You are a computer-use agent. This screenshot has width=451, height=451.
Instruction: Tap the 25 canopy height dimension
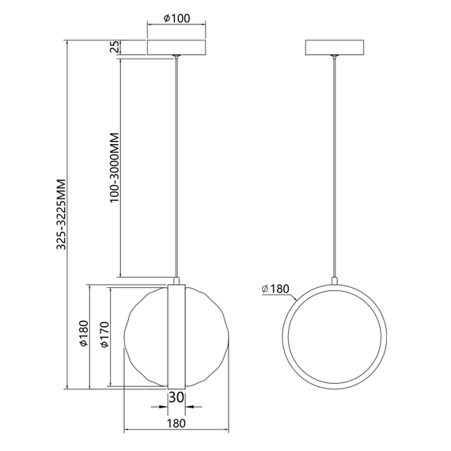[x=116, y=47]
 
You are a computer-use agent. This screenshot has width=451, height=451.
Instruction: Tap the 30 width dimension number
[x=176, y=397]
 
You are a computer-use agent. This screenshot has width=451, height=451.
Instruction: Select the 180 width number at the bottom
[x=176, y=423]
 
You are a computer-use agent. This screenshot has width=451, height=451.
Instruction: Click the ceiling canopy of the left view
[x=177, y=46]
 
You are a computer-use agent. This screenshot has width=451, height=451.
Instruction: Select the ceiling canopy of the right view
[x=336, y=46]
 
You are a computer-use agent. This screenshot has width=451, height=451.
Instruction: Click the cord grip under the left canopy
[x=176, y=57]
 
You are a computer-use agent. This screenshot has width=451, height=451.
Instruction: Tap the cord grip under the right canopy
[x=336, y=57]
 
